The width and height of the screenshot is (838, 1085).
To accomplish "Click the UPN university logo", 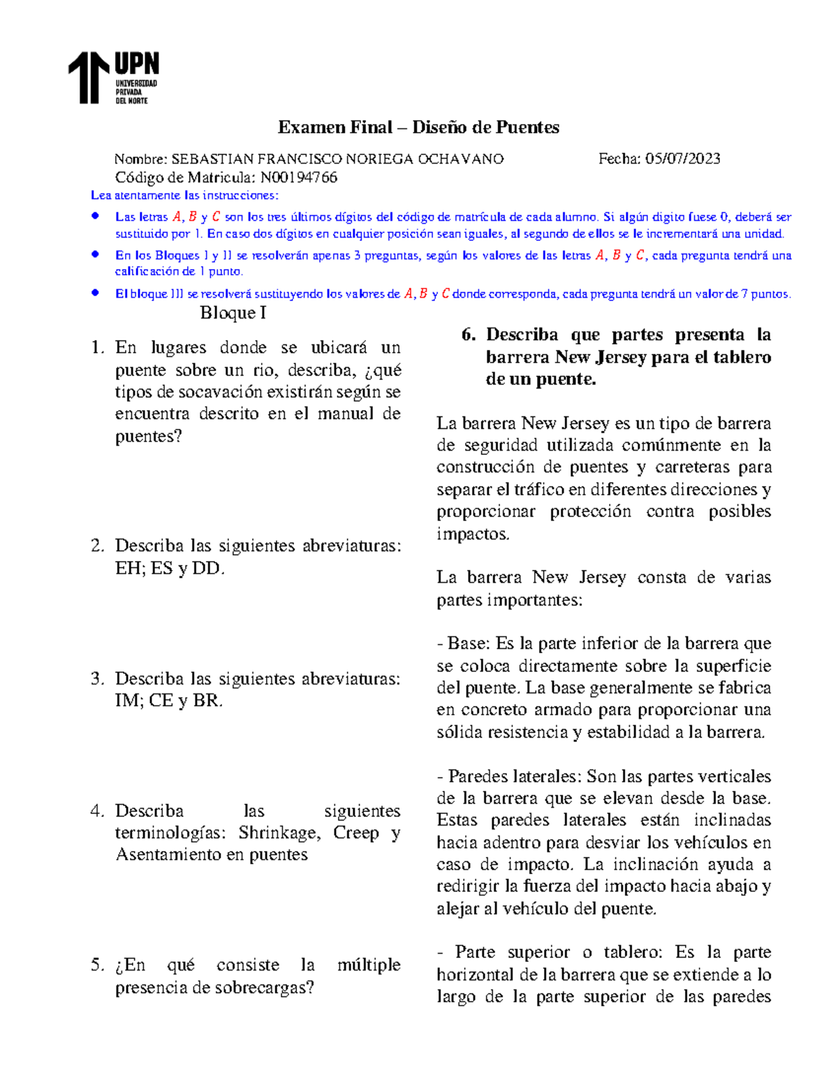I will click(114, 78).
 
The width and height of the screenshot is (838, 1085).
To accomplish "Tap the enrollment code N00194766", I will click(298, 177).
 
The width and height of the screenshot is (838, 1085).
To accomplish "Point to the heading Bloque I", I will click(233, 313).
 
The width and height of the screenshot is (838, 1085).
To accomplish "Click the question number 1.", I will click(97, 348).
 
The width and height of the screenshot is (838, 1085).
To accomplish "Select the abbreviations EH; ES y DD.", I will click(170, 569).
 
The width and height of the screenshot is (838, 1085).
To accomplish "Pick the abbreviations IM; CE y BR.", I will click(168, 701).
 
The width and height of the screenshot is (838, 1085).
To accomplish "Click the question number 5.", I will click(97, 966).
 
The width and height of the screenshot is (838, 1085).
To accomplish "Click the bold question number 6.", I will click(468, 335).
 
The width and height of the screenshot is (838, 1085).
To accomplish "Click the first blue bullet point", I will click(96, 217).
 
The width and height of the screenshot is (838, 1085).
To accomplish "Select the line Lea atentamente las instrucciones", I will click(184, 196).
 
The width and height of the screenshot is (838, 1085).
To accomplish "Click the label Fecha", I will click(619, 159).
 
